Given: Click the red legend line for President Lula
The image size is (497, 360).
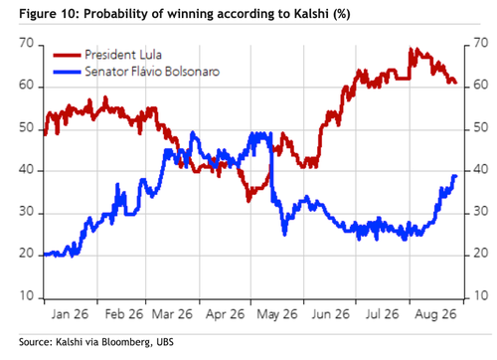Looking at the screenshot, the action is point(67,55).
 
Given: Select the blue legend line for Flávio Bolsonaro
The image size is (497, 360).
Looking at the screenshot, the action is point(67,72).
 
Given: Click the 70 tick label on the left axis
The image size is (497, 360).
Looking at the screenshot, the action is point(27,43).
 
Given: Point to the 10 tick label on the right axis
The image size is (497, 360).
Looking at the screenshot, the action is point(481,295).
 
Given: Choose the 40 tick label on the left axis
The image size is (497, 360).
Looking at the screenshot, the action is point(27,170).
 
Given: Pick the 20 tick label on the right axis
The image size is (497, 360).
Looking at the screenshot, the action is point(481,254).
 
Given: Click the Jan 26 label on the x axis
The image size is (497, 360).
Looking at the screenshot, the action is point(70,314).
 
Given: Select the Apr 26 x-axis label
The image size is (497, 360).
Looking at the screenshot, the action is point(225,314).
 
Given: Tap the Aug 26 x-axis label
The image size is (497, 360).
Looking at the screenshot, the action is point(435,314).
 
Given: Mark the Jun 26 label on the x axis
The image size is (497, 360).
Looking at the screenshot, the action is point(330,314).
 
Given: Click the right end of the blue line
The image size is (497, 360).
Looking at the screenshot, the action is point(456,176).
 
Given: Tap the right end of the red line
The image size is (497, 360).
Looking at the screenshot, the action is point(456,83).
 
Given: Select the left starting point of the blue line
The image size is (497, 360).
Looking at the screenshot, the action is point(45,255).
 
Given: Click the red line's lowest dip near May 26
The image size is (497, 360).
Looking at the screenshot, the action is point(248,201).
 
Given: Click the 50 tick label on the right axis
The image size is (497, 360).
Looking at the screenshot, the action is point(481,127).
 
